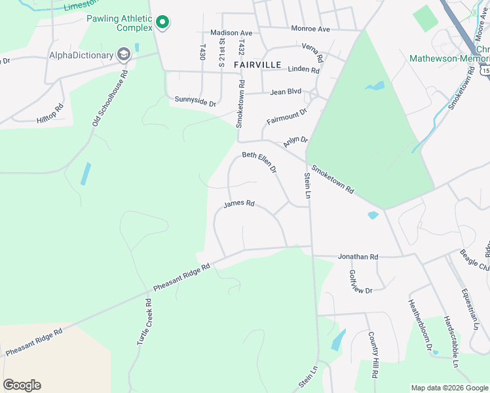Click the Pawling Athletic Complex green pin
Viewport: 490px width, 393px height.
pos(162,23)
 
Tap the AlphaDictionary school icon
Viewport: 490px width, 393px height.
pos(122,55)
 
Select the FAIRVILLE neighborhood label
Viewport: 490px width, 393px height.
pos(257,65)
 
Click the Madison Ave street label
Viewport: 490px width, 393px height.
pos(231,33)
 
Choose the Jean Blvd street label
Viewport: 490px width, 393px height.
pos(285,93)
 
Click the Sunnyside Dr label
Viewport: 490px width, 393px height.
pos(195,102)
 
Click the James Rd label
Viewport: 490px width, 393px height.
pos(238,204)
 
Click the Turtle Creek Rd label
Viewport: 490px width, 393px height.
pos(144,322)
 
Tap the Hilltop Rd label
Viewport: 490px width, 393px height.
pos(50,114)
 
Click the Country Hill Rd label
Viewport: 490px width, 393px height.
pos(373,356)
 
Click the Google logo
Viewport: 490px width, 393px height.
pos(22,385)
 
